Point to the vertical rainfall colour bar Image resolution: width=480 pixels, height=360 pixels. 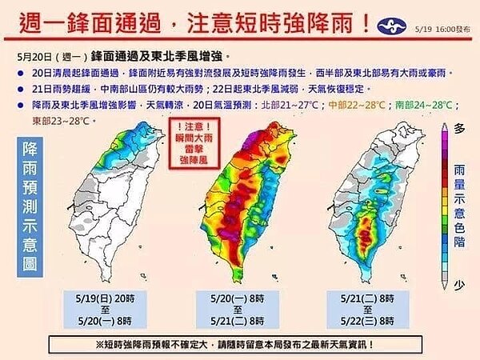pos(442,203)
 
